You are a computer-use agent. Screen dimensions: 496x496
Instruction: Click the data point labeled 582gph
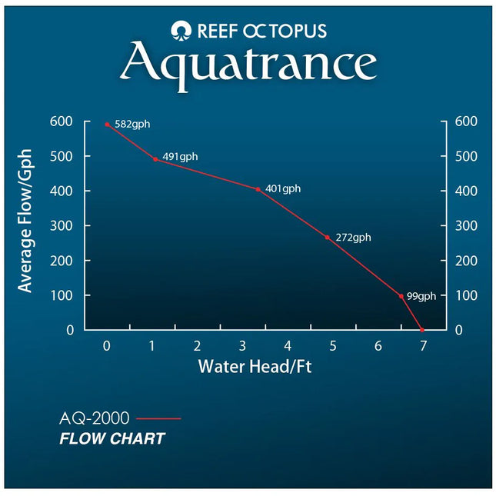107,124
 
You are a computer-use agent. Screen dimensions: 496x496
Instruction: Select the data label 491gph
179,156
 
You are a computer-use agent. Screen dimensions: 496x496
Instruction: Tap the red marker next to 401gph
258,188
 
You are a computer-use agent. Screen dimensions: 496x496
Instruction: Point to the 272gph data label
353,238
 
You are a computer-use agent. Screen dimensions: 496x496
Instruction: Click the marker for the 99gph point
401,296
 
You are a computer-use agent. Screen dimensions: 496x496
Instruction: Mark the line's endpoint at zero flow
422,330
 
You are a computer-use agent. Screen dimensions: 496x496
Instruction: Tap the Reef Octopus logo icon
179,31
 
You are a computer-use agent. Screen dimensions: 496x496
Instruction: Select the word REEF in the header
213,31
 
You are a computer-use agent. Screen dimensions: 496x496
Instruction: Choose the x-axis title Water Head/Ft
255,366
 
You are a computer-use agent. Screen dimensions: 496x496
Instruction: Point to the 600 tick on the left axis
62,122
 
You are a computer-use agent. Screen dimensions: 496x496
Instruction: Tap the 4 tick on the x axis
287,346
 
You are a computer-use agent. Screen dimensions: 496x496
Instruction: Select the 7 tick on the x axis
422,346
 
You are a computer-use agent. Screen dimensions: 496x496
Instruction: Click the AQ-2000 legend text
95,419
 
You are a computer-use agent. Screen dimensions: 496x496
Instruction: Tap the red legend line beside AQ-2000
158,419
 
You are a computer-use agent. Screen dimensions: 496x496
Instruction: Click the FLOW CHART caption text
112,439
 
